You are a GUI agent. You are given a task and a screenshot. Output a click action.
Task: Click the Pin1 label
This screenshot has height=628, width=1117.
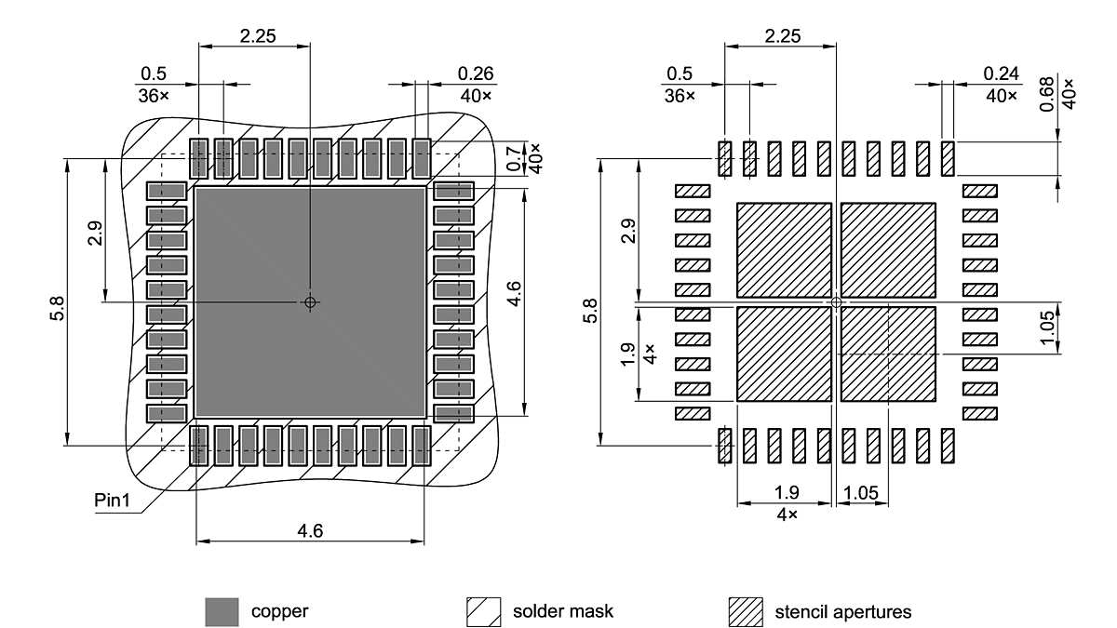point(112,500)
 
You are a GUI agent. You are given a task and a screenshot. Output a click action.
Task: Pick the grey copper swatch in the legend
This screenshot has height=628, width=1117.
point(222,612)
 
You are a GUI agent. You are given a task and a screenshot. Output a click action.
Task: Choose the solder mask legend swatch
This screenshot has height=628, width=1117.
point(483,612)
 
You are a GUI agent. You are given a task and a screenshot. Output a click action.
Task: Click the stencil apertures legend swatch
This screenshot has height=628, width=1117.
point(745,612)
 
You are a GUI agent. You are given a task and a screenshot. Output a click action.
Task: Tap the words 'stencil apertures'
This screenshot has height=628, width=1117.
point(842,612)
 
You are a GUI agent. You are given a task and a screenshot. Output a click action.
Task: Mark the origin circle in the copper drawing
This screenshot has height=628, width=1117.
point(310,301)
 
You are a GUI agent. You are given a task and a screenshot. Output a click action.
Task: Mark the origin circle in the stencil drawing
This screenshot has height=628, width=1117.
point(836,302)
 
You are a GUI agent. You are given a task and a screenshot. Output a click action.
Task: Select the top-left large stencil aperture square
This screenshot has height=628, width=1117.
point(784,249)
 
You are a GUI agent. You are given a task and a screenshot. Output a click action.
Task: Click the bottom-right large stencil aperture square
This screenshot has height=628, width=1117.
point(888,354)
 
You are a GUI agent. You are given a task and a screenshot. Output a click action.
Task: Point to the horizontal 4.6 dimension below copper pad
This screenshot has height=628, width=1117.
point(310,531)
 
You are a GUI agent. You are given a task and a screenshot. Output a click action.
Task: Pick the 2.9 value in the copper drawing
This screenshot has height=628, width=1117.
point(94,234)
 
